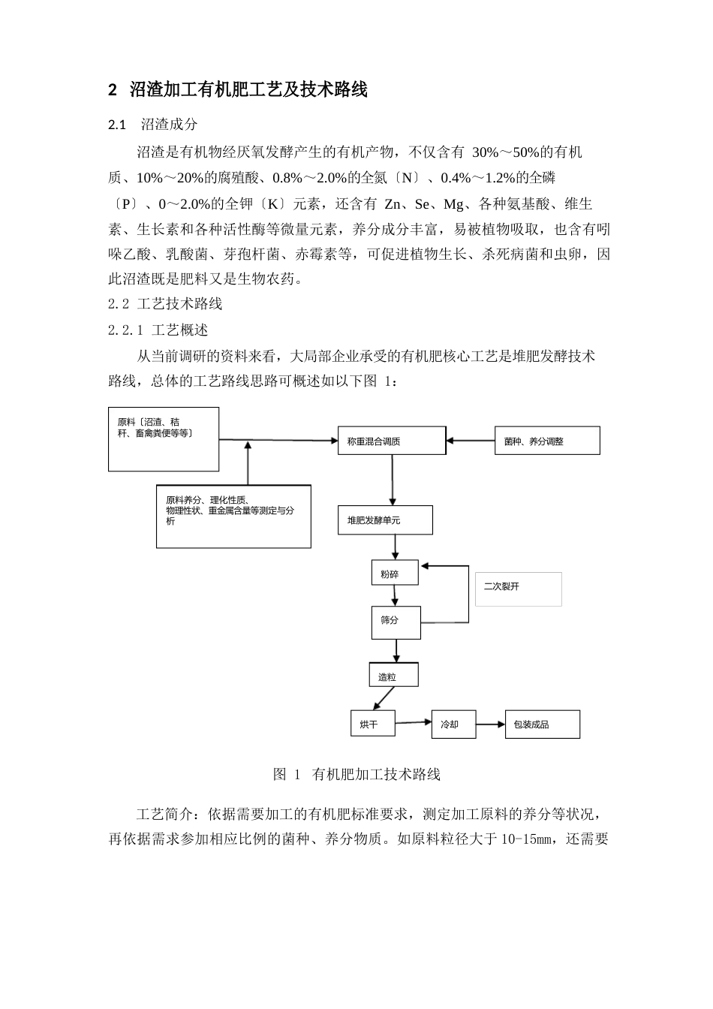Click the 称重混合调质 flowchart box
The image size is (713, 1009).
391,441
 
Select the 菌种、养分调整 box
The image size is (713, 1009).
547,441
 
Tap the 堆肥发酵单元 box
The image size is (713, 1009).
385,520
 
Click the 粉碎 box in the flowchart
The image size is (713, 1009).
395,573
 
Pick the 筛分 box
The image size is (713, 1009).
396,622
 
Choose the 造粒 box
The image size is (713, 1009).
393,675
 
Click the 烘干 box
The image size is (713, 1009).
373,724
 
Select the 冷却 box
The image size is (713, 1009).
453,724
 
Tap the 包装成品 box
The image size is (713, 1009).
542,724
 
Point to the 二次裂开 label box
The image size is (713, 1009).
518,589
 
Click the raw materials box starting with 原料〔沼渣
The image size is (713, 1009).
164,439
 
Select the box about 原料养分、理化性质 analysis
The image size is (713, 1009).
233,516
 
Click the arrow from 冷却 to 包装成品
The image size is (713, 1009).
490,724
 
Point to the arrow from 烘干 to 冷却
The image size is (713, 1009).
413,723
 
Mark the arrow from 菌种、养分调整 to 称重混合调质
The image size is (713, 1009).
470,441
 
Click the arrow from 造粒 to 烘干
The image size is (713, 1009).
384,698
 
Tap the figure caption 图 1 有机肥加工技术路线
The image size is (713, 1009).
356,774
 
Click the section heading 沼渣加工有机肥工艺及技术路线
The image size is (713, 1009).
248,90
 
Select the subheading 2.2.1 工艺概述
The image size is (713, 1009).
158,330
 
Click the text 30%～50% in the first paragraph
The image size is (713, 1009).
505,152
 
